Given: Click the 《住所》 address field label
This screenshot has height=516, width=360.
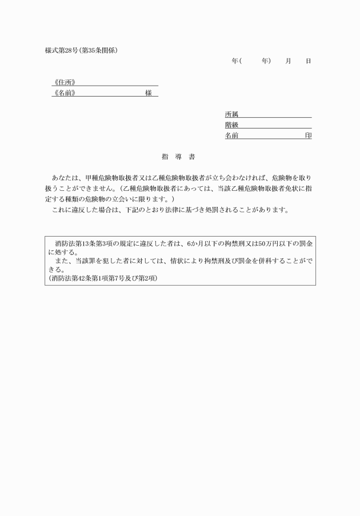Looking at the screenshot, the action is [x=64, y=82].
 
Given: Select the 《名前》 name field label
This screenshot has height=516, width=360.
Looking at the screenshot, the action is [x=64, y=93].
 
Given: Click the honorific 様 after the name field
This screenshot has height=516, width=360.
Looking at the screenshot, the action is [x=148, y=93].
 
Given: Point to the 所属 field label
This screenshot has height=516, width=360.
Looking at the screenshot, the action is [x=231, y=114].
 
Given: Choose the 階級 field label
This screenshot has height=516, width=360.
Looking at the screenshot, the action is [x=231, y=125].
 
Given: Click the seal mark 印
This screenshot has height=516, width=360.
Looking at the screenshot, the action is [x=308, y=136].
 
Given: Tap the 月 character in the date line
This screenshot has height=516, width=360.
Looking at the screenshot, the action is [x=288, y=61].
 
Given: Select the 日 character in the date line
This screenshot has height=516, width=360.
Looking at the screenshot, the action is [x=308, y=61].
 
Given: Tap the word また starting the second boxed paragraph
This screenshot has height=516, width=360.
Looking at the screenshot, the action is [x=62, y=261].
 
